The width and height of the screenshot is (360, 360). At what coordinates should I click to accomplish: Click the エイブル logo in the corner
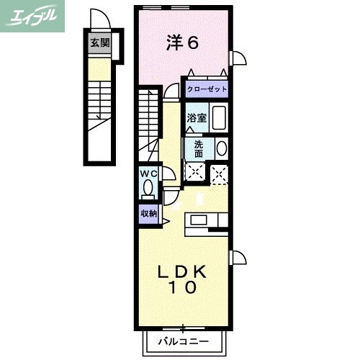coord(33,15)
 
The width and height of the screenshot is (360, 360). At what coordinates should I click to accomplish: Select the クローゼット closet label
coord(207,89)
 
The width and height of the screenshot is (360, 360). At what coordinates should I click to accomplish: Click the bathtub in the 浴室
coord(219,118)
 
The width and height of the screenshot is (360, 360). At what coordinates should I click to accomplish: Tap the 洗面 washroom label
coord(198,148)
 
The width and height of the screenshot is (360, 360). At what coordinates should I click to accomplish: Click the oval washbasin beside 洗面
coord(221,149)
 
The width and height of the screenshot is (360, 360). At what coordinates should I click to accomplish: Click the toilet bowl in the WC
coord(148,189)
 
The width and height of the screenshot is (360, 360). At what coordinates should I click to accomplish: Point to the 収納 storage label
coord(148,214)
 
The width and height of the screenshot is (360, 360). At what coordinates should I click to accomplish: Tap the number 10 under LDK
coord(183,288)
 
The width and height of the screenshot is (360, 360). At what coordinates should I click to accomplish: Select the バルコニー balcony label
coord(183,341)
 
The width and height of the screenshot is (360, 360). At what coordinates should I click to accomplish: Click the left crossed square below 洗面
coord(194,171)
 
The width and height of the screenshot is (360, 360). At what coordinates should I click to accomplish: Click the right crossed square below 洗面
coord(219,171)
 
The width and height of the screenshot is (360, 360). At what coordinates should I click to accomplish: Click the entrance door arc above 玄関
coord(99,19)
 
